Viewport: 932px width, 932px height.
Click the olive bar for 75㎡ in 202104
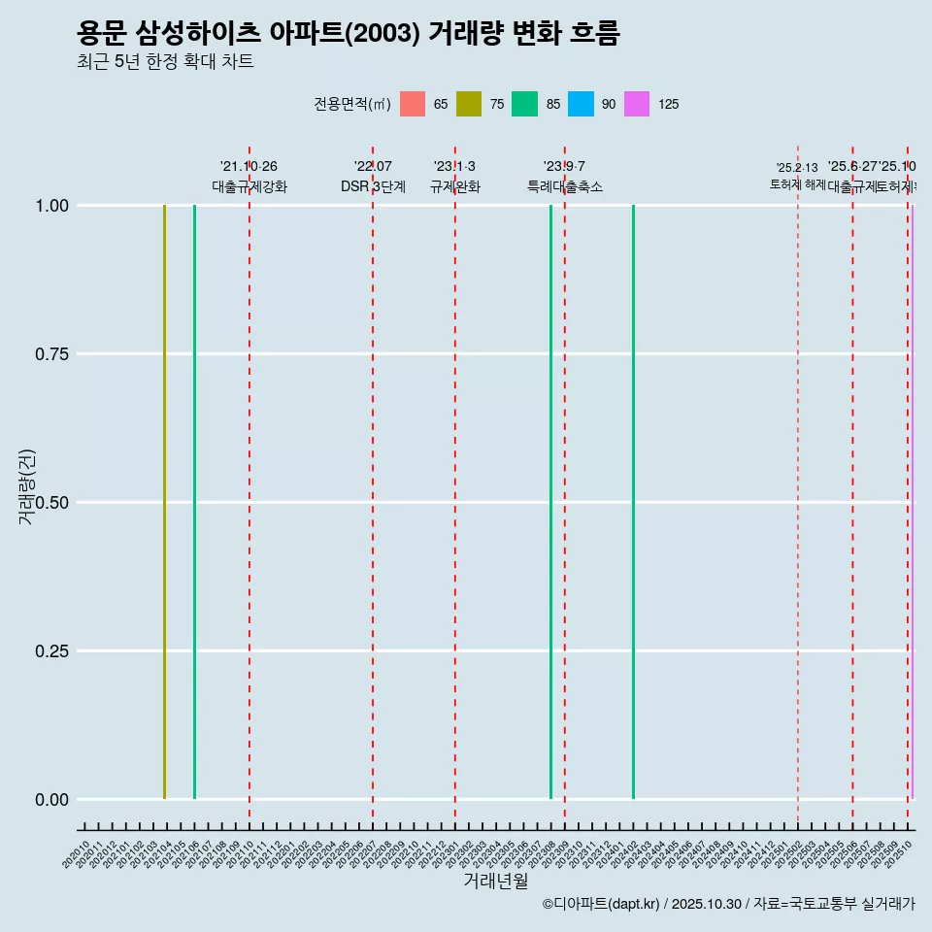point(164,502)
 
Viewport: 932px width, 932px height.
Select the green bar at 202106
point(194,502)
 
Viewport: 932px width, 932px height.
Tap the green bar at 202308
point(550,502)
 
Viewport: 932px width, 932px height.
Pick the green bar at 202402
point(633,502)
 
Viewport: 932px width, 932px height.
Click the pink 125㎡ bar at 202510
point(912,502)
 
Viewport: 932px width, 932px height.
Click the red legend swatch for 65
point(413,104)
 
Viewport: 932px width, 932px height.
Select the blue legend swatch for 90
point(581,104)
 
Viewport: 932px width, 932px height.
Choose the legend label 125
point(668,104)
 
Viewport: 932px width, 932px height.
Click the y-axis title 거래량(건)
point(27,487)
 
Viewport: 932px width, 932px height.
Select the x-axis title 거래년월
point(495,881)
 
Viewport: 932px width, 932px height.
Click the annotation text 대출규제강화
point(250,186)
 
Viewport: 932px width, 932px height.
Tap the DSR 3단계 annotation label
point(373,186)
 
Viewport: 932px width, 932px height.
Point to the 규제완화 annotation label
point(454,186)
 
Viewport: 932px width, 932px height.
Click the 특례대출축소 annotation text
point(564,186)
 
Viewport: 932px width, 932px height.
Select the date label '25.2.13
point(797,168)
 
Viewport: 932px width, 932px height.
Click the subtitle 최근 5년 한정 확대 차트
point(165,62)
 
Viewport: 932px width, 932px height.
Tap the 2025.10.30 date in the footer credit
point(706,904)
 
